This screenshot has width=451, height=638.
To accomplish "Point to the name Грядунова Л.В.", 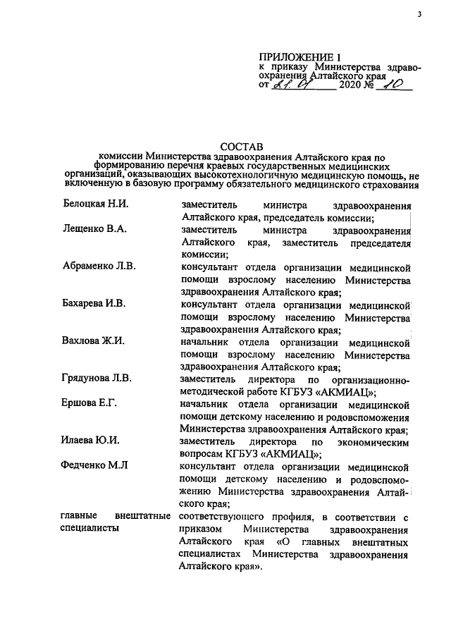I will click(x=97, y=380).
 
